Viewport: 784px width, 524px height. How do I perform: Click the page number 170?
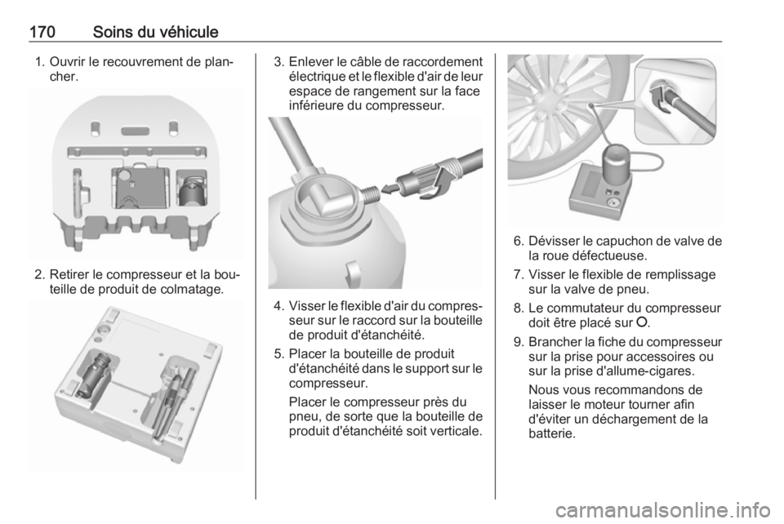(42, 32)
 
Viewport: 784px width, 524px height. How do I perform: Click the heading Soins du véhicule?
(155, 32)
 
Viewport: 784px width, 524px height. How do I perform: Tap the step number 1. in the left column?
(40, 62)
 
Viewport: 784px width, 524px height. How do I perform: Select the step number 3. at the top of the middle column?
(279, 62)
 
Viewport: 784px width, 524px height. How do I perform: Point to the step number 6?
(519, 242)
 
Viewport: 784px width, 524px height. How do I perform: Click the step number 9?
(519, 342)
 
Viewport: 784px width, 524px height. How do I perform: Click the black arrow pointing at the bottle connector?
(390, 189)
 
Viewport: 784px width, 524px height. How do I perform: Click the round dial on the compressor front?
(612, 202)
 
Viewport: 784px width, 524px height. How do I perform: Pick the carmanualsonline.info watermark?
(662, 510)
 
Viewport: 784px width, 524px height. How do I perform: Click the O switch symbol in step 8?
(643, 322)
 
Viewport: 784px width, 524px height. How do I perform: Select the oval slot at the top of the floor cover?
(135, 131)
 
